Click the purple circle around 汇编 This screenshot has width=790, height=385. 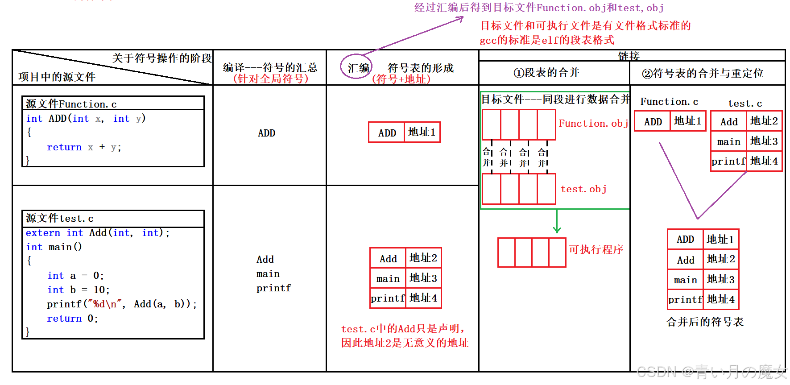click(x=356, y=67)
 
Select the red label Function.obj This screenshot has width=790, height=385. click(x=593, y=124)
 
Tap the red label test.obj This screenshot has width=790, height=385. click(x=583, y=189)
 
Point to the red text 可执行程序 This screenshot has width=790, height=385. click(x=596, y=249)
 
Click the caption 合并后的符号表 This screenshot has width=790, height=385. click(x=705, y=322)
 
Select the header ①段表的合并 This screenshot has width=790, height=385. click(x=546, y=73)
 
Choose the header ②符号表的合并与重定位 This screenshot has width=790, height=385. click(x=703, y=74)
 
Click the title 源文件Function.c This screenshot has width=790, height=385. click(x=71, y=104)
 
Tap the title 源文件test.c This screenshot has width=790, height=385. click(x=60, y=218)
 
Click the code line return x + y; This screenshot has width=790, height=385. click(x=84, y=147)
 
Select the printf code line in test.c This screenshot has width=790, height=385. click(x=121, y=304)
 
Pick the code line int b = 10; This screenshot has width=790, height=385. click(x=79, y=290)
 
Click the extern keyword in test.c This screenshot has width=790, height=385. click(x=43, y=233)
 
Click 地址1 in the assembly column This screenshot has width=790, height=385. click(x=422, y=132)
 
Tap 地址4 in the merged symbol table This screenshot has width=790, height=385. click(x=720, y=299)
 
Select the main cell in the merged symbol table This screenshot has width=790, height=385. click(x=685, y=280)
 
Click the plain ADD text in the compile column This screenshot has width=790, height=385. click(x=266, y=133)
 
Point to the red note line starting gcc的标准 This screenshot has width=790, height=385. click(x=547, y=40)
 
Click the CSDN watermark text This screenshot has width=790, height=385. click(x=711, y=372)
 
